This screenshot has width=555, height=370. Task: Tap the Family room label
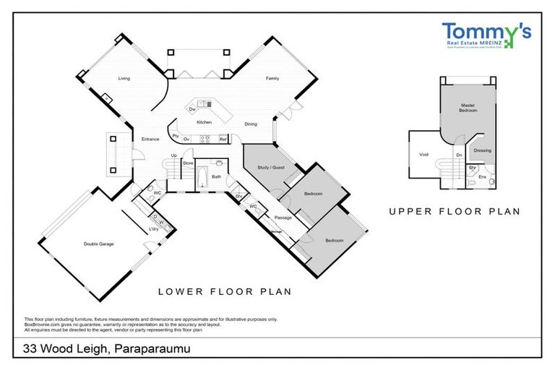pyautogui.click(x=272, y=78)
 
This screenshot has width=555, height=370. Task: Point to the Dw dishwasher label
pyautogui.click(x=192, y=109)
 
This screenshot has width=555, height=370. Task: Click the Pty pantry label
pyautogui.click(x=176, y=135)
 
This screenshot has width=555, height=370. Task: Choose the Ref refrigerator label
pyautogui.click(x=223, y=139)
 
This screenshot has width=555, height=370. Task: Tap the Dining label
pyautogui.click(x=251, y=124)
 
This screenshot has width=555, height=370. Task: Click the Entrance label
pyautogui.click(x=150, y=139)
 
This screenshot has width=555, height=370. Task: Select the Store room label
pyautogui.click(x=188, y=163)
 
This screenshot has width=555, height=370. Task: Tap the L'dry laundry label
pyautogui.click(x=154, y=229)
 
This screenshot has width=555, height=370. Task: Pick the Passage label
pyautogui.click(x=283, y=217)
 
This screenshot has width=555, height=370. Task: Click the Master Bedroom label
pyautogui.click(x=468, y=108)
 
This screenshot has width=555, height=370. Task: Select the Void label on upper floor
pyautogui.click(x=423, y=154)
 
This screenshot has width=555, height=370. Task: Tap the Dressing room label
pyautogui.click(x=482, y=150)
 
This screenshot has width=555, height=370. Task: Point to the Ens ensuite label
pyautogui.click(x=483, y=176)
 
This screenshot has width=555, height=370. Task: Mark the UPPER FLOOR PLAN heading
pyautogui.click(x=455, y=212)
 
